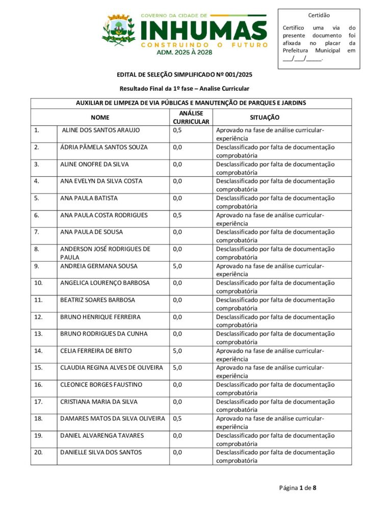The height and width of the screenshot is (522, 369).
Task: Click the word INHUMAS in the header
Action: coord(203,30)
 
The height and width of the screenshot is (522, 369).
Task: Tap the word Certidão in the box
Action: coord(319,15)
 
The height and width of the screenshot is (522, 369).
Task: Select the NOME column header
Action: coord(100,117)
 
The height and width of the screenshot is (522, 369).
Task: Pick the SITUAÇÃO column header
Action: coord(265,117)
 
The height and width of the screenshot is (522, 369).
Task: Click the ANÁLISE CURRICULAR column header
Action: coord(191,117)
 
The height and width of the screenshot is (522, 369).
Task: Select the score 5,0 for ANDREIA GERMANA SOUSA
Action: coord(178,266)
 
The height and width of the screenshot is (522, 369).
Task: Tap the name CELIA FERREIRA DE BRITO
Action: coord(96,351)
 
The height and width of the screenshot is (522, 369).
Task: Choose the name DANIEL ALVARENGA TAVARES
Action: coord(102,435)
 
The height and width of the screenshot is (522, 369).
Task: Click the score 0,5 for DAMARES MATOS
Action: coord(178,419)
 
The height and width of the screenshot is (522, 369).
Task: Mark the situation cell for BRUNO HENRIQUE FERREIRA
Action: coord(275,321)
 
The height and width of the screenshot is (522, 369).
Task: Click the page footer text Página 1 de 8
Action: coord(298,488)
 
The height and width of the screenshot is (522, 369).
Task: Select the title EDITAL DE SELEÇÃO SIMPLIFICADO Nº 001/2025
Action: coord(184,74)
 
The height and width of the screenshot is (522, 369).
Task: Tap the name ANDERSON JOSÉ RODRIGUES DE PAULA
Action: coord(105,253)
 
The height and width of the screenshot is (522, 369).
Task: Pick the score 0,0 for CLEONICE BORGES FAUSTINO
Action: coord(178,385)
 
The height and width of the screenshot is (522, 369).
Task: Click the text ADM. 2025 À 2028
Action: coord(184,52)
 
